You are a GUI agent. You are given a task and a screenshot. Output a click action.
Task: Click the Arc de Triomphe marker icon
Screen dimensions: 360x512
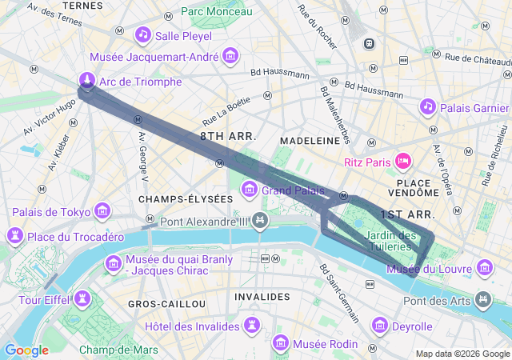[86, 80]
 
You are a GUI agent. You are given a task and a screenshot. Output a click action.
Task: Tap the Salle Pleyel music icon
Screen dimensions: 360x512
[143, 34]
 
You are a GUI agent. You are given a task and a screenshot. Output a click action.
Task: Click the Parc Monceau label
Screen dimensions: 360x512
[216, 11]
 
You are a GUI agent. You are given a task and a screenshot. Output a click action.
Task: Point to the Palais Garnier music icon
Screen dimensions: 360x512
[428, 106]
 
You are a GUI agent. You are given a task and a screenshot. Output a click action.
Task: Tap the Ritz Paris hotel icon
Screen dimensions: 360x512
[403, 162]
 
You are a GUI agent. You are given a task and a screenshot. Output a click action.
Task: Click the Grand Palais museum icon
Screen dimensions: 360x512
[250, 190]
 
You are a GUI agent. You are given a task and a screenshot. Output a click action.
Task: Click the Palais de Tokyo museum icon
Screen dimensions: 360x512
[102, 211]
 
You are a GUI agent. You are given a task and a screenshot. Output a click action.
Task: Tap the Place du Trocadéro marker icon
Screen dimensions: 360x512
[14, 236]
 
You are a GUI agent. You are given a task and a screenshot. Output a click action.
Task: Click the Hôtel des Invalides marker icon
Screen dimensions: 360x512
[253, 326]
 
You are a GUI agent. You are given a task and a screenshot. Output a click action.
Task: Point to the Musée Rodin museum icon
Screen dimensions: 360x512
[281, 343]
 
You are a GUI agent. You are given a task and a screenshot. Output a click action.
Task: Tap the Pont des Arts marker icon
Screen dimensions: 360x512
[483, 300]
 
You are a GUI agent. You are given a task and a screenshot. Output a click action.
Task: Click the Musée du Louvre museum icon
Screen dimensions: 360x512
[484, 266]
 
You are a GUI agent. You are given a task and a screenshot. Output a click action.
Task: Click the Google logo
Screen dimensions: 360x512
[26, 350]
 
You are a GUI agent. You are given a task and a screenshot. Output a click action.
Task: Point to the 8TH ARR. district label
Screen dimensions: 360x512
[228, 137]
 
